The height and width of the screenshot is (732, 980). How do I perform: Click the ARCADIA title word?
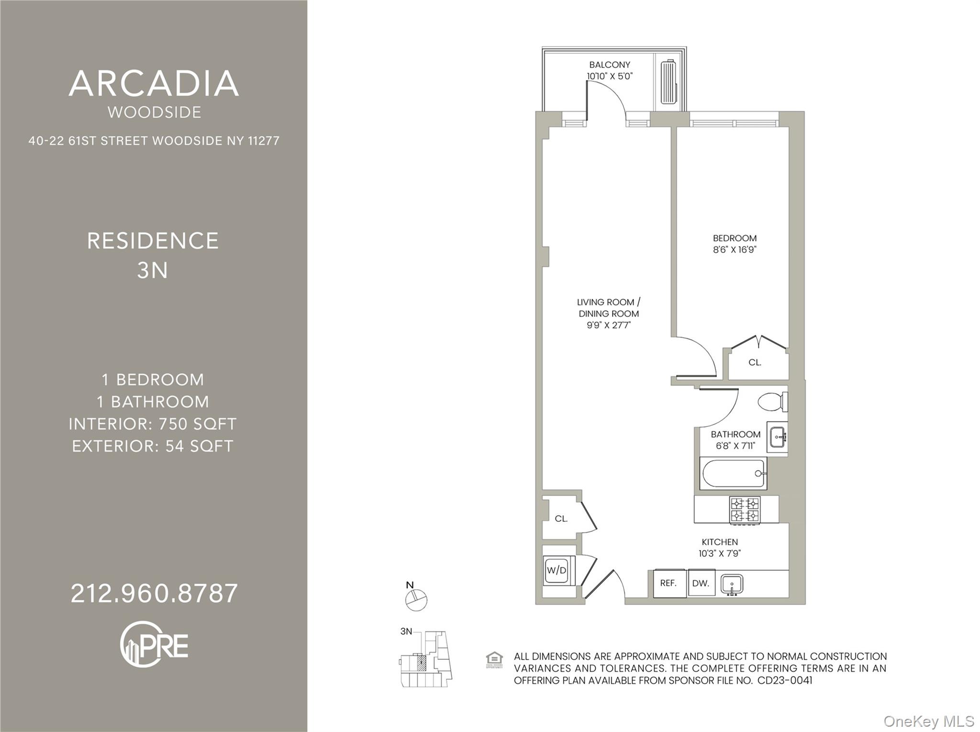(154, 83)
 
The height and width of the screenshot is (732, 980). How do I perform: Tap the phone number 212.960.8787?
(154, 593)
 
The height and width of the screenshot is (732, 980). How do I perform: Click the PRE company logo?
(154, 644)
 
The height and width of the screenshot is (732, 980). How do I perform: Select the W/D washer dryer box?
(557, 570)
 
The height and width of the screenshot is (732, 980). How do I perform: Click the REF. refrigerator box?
(668, 583)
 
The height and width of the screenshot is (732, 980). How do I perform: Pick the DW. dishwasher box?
(701, 583)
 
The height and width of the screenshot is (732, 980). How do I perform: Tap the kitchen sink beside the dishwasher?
(732, 585)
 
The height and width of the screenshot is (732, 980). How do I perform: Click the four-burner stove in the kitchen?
(745, 509)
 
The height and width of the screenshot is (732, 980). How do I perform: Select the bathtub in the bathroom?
(733, 473)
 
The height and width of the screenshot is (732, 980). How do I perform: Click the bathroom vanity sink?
(777, 437)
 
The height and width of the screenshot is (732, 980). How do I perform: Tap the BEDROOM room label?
(735, 238)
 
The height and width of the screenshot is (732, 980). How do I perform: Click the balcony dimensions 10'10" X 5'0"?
(610, 76)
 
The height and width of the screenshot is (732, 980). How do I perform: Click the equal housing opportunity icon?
(494, 660)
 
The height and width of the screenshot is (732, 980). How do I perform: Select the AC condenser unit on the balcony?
(668, 82)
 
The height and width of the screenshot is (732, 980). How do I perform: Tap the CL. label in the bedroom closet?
(755, 362)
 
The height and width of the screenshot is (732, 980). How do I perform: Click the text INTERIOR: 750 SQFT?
(153, 424)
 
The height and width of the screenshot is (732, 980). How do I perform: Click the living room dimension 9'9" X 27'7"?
(609, 326)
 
